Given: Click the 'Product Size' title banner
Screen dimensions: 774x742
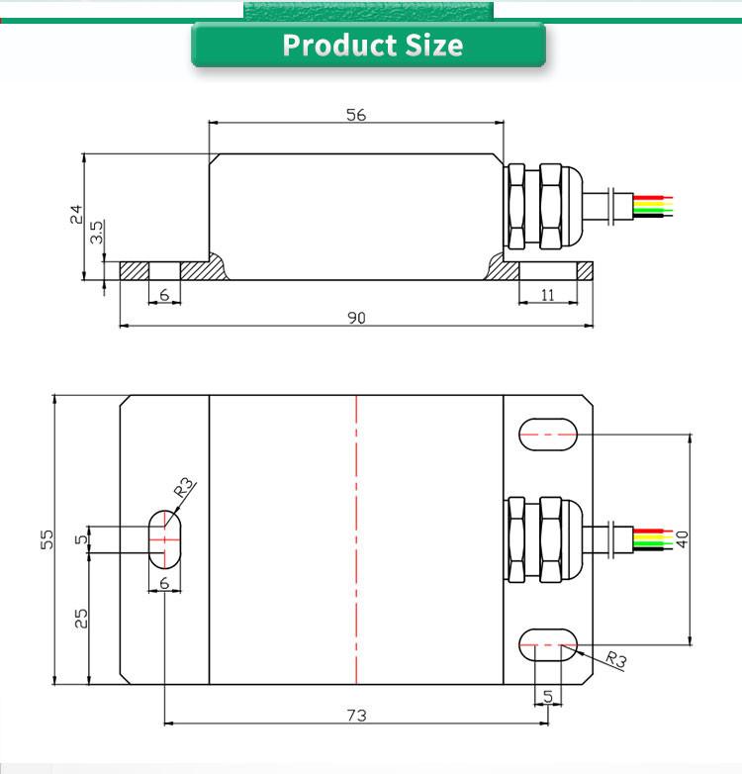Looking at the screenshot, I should point(370,46).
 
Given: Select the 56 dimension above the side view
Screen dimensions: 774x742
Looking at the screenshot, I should point(356,114).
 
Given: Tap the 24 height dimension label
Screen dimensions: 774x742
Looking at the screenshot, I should point(76,214).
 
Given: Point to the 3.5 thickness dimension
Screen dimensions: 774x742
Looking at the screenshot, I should point(97,234).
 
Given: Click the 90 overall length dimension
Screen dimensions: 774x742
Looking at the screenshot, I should point(356,318).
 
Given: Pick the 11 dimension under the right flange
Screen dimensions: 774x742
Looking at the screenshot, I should point(554,295).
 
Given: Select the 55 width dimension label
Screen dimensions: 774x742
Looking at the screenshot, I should point(46,539).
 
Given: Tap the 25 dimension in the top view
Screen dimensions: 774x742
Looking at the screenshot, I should point(81,618).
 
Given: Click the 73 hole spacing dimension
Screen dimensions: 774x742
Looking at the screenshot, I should point(356,715).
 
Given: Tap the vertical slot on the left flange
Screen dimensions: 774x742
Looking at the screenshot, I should point(164,538).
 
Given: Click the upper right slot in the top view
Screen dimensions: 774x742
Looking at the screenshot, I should point(548,434).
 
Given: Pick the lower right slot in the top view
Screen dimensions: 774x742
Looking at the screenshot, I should point(548,644).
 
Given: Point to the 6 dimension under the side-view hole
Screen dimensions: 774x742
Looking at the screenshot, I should point(164,295).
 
